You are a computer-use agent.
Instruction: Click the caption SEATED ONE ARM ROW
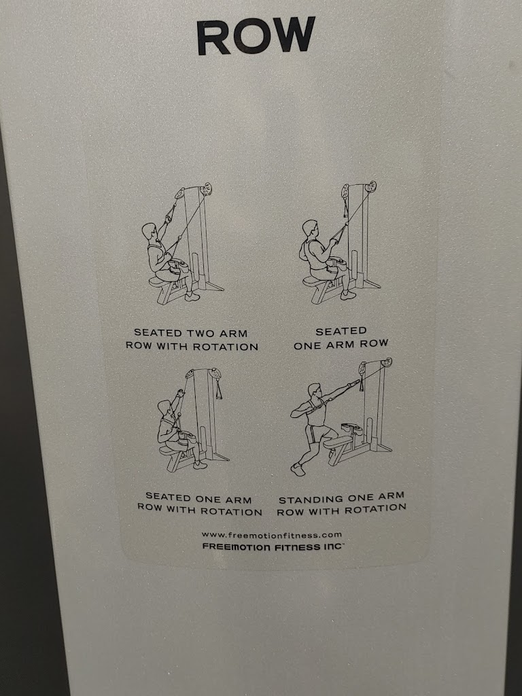(341, 338)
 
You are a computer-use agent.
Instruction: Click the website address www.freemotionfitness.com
(272, 535)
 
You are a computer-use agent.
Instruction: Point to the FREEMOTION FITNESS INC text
(273, 547)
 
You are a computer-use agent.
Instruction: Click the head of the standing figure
(314, 390)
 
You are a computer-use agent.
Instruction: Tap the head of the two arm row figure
(149, 231)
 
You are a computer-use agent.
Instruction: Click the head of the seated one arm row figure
(310, 228)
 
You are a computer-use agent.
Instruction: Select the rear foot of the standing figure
(298, 469)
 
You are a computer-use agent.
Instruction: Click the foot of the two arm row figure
(192, 297)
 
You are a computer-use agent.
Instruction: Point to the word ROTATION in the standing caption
(375, 510)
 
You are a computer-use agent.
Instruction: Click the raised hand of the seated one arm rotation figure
(179, 393)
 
